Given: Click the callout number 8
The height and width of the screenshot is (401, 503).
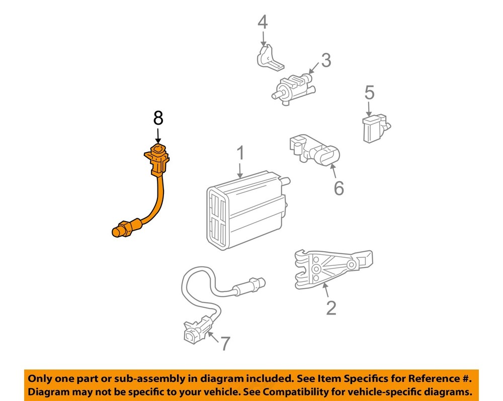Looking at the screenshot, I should [158, 118].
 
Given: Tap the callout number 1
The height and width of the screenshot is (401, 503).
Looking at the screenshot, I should [240, 153].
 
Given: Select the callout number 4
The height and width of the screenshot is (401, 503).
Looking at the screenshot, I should [263, 22].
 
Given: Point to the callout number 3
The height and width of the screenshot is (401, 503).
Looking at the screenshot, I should [326, 61].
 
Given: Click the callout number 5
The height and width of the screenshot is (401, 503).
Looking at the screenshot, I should [369, 92].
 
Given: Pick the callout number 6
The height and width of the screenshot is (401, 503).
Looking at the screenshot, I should [339, 188].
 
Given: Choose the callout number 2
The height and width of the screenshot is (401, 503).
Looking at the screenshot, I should [330, 308].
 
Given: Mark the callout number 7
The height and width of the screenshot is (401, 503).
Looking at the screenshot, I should [224, 344].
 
